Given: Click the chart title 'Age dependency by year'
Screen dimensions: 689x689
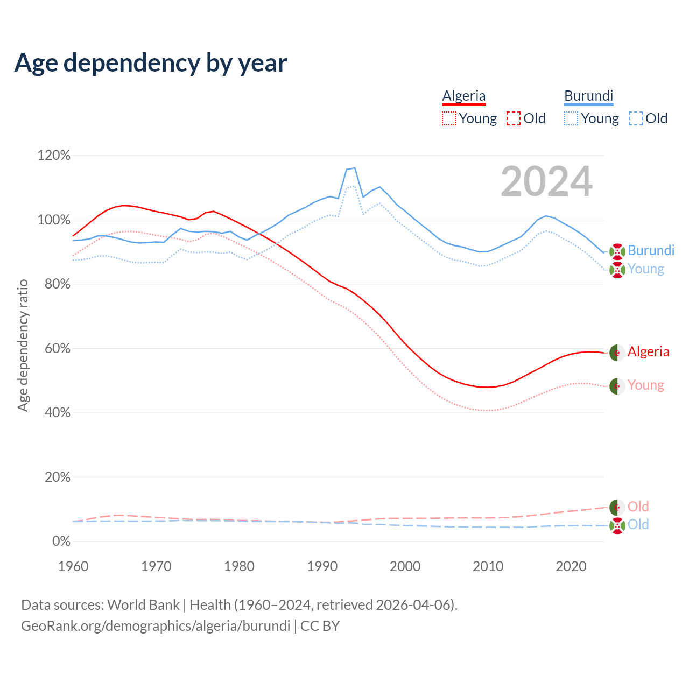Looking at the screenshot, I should pyautogui.click(x=151, y=63).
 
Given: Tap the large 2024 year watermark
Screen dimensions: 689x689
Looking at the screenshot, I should pyautogui.click(x=546, y=182).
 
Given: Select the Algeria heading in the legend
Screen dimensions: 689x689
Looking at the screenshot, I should pyautogui.click(x=464, y=96).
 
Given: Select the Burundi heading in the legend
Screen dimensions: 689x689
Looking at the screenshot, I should pyautogui.click(x=589, y=96).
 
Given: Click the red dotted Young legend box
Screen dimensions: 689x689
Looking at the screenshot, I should pyautogui.click(x=449, y=118).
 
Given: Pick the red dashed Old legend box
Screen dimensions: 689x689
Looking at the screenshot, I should pyautogui.click(x=514, y=118).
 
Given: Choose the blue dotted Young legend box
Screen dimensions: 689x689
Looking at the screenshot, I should pyautogui.click(x=571, y=118).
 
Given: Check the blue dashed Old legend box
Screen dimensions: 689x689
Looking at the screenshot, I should pyautogui.click(x=636, y=118).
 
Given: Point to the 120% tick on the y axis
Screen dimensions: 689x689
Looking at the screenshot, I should pyautogui.click(x=54, y=156).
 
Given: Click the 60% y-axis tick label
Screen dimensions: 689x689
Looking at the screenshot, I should pyautogui.click(x=57, y=348).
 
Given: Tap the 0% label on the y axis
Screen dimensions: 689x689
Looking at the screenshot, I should pyautogui.click(x=61, y=541).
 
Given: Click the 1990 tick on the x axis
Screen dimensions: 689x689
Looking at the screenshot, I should pyautogui.click(x=322, y=566).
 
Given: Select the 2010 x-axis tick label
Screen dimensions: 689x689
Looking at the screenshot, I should pyautogui.click(x=488, y=566).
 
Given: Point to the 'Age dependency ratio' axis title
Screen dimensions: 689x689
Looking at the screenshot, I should pyautogui.click(x=23, y=345).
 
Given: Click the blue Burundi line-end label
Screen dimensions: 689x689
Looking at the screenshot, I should pyautogui.click(x=651, y=250).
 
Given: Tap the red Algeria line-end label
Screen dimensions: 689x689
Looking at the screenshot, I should pyautogui.click(x=648, y=351).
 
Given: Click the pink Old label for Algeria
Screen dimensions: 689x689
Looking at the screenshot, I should pyautogui.click(x=638, y=507).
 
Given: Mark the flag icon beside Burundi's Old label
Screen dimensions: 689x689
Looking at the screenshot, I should pyautogui.click(x=617, y=525).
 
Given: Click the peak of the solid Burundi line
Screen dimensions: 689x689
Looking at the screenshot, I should pyautogui.click(x=354, y=168).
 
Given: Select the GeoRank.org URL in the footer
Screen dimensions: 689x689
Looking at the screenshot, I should pyautogui.click(x=155, y=626).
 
